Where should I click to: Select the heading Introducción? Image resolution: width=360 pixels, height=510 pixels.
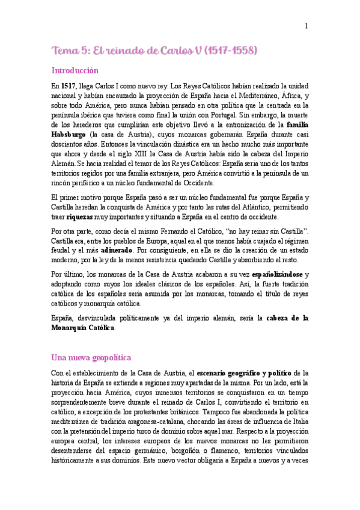point(75,70)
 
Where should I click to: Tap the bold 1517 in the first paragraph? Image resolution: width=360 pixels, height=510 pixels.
point(69,87)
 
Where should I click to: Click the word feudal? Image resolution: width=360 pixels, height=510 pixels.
point(63,250)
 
